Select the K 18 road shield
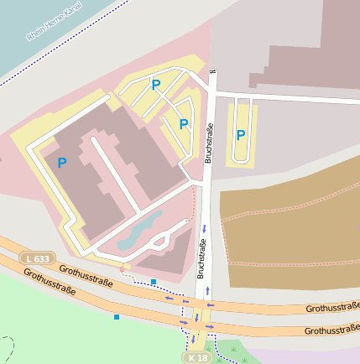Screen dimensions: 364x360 click(196, 357)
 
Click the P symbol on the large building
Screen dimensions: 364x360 click(61, 163)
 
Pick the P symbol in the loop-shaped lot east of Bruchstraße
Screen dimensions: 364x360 click(241, 134)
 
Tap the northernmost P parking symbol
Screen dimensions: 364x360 click(155, 84)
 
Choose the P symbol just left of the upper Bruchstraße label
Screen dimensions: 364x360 click(184, 124)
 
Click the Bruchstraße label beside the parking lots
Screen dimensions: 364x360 click(210, 143)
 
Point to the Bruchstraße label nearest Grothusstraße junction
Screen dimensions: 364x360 click(201, 258)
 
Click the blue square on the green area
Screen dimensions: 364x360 click(117, 317)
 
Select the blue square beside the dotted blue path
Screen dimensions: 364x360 click(154, 282)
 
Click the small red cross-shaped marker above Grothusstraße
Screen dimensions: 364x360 click(123, 269)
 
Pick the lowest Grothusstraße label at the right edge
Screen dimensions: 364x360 click(332, 330)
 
